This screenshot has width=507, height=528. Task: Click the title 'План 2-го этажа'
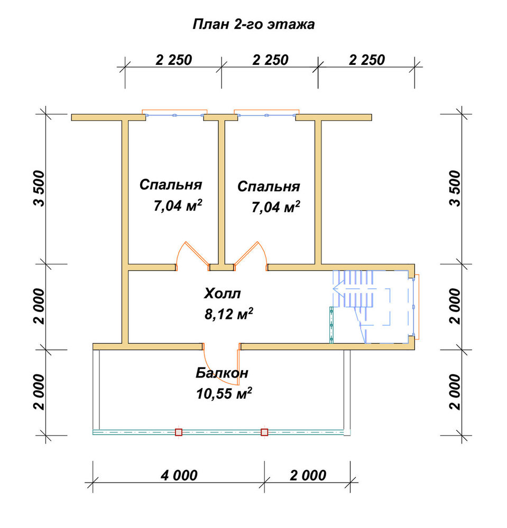[254, 25]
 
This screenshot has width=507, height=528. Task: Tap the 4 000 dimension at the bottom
[179, 476]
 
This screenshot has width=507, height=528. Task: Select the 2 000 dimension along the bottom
[308, 476]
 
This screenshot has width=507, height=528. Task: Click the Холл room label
[222, 294]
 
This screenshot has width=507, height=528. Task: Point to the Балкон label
[222, 373]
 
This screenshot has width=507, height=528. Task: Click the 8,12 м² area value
[228, 314]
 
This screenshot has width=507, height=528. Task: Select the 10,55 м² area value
[224, 393]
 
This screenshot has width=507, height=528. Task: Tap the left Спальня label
[171, 185]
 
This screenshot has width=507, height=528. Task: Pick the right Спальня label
[269, 186]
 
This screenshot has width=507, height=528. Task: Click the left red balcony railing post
[178, 432]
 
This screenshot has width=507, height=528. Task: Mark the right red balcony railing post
[265, 432]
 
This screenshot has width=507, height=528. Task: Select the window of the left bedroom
[174, 115]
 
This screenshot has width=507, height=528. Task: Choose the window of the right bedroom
[266, 115]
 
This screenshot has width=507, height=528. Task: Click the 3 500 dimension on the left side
[39, 188]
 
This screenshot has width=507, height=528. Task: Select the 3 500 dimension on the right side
[455, 188]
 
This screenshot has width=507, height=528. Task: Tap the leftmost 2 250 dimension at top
[173, 60]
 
